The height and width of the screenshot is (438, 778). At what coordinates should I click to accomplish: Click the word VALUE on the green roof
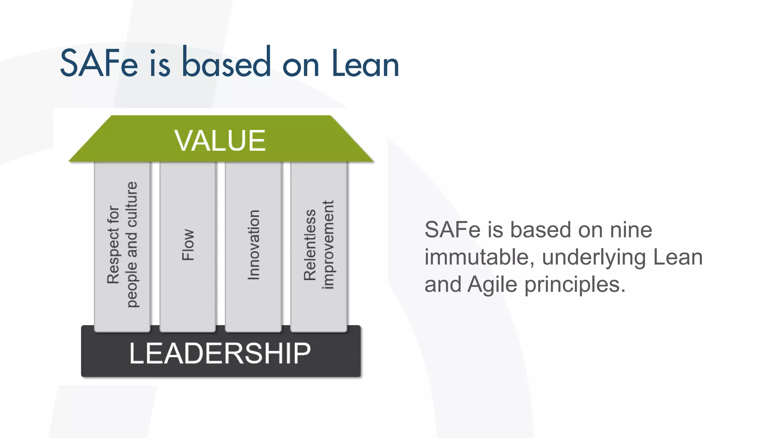tap(220, 141)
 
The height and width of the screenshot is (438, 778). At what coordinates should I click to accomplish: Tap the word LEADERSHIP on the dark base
tap(220, 353)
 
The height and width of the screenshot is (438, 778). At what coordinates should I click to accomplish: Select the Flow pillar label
tap(188, 245)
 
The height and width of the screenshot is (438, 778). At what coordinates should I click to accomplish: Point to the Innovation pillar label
tap(253, 245)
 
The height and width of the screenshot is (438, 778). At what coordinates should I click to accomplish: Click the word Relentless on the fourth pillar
tap(310, 245)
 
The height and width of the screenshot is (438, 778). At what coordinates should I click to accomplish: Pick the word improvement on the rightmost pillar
tap(327, 245)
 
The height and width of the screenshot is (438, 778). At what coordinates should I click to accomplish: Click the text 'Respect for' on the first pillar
tap(113, 245)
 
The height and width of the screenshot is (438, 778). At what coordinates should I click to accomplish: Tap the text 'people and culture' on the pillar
tap(131, 245)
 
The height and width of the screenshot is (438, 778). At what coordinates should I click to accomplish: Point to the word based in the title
tap(226, 63)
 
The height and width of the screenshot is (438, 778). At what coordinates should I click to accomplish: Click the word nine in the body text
tap(631, 230)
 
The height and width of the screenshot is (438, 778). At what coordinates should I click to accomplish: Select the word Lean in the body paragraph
tap(678, 257)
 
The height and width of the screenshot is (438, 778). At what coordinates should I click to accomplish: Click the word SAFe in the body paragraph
tap(452, 230)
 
